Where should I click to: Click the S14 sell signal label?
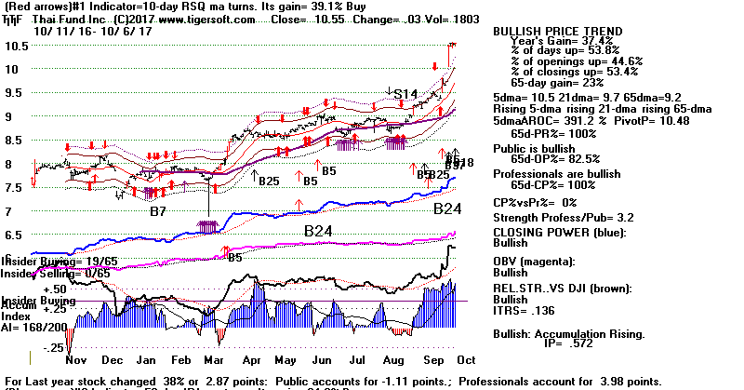405,94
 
